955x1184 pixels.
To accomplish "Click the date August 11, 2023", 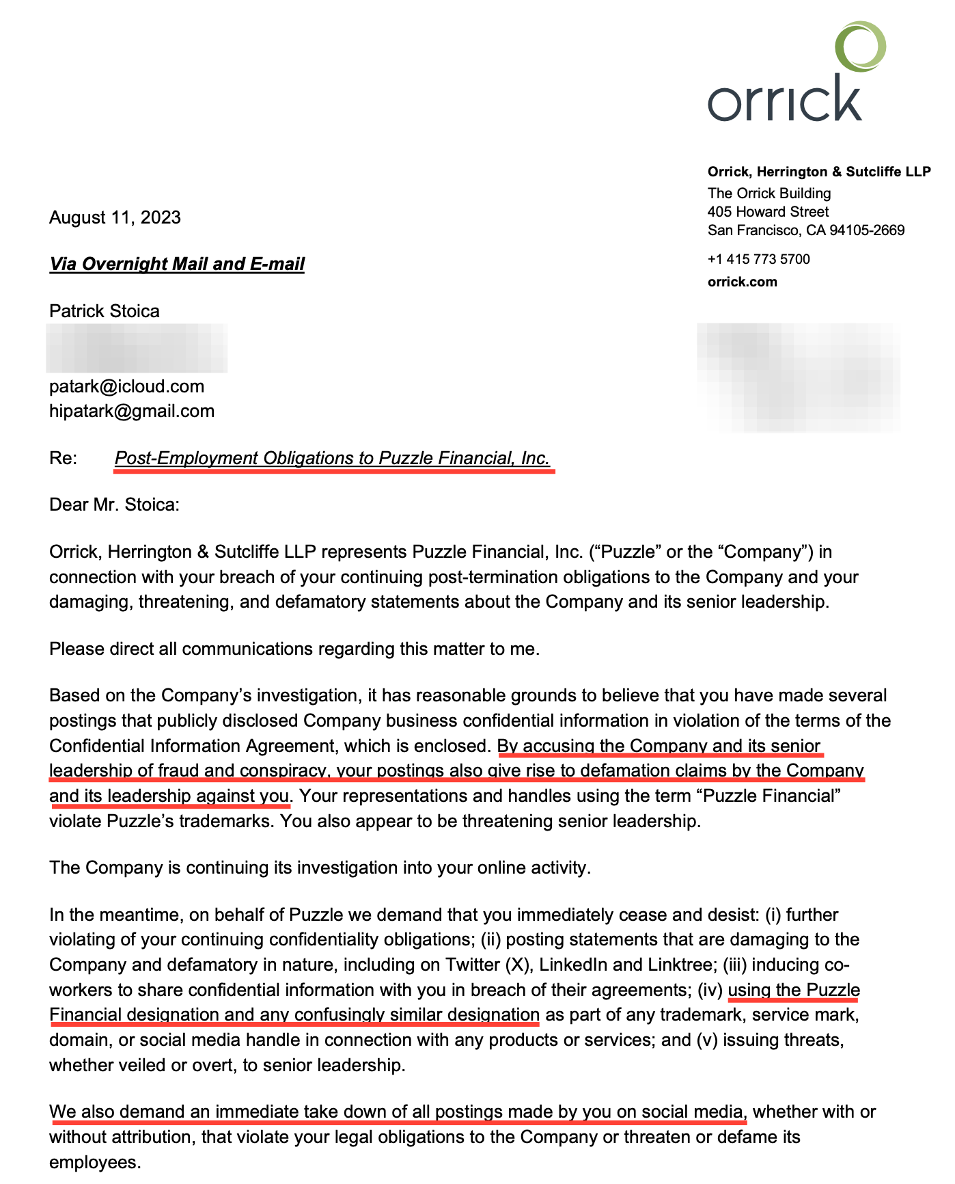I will point(115,217).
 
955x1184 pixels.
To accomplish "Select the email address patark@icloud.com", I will point(126,386).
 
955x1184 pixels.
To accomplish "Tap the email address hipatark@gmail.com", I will point(132,411).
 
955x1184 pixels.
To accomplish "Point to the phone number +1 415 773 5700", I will point(758,259).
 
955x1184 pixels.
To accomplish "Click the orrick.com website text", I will point(742,282).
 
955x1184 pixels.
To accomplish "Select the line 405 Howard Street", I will point(768,212).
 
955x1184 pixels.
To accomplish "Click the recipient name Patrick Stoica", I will point(105,311).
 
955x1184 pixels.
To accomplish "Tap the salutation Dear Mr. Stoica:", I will point(114,504).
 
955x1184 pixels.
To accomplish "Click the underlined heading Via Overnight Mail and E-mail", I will point(177,264).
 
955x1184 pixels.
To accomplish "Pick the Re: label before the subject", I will point(63,458).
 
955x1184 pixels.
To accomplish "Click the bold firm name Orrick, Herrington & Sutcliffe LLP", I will point(818,172).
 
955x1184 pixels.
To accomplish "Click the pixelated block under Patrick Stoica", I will point(137,348).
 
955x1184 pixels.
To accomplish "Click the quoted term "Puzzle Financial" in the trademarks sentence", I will point(771,796).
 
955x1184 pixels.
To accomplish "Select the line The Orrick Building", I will point(769,193).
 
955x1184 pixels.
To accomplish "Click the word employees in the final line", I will point(94,1162).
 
